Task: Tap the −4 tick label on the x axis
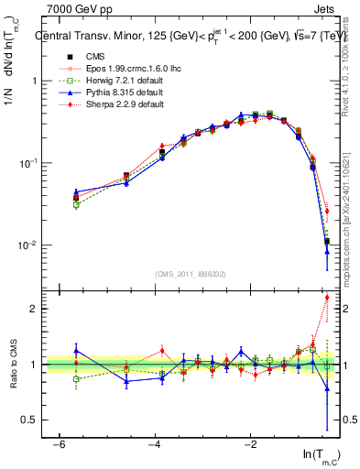click(x=152, y=442)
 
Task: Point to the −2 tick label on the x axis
click(x=250, y=442)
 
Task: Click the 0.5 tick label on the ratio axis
click(x=27, y=420)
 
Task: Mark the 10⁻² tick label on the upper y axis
click(x=26, y=245)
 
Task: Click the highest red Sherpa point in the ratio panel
click(x=327, y=298)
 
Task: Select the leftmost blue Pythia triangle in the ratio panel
click(x=76, y=350)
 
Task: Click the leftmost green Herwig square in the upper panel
click(x=76, y=205)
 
